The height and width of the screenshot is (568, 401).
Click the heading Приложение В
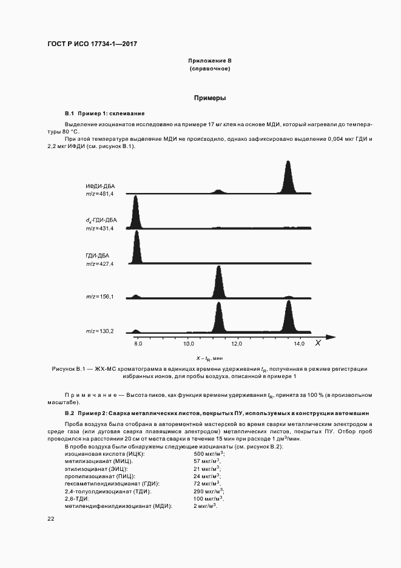[210, 61]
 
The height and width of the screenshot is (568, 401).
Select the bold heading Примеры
[210, 98]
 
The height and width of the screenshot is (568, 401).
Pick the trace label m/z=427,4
[99, 264]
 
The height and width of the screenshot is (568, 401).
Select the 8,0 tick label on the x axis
[138, 344]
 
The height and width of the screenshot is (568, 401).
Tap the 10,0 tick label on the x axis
[190, 344]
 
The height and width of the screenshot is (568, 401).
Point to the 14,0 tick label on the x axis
[299, 344]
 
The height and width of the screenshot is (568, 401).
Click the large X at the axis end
[317, 343]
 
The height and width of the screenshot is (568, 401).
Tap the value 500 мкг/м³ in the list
[209, 454]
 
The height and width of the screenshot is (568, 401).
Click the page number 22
[51, 519]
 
